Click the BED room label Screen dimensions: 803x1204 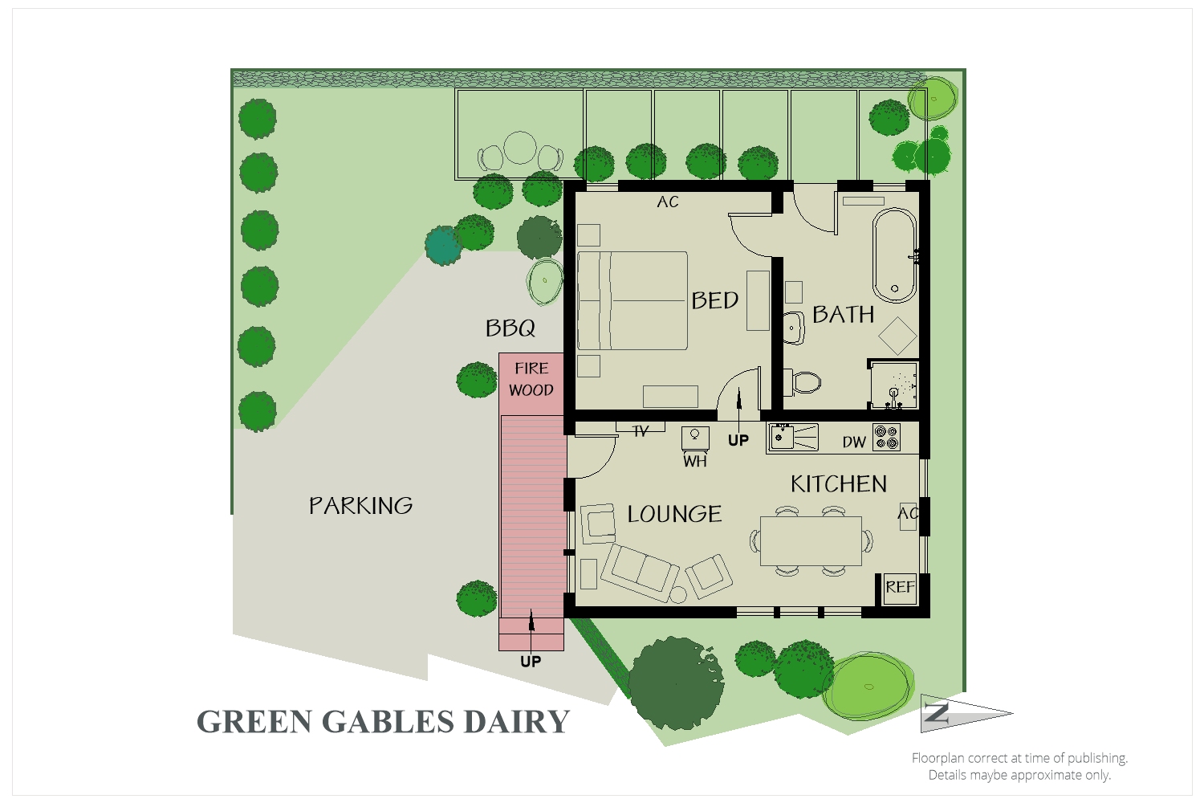pos(714,300)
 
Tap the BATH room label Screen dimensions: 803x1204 pos(843,314)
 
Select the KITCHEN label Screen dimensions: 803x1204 pos(839,483)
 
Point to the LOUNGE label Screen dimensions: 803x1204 pos(674,514)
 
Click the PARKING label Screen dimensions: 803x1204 pos(361,505)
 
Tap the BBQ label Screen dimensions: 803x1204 pos(510,328)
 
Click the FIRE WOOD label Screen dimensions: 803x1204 pos(531,379)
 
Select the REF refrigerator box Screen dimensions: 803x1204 pos(900,587)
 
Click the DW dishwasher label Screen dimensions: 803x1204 pos(854,442)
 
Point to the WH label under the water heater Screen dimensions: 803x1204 pos(695,462)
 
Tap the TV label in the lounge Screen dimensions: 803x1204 pos(641,432)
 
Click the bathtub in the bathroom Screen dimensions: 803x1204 pos(895,254)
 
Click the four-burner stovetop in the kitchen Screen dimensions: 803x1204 pos(886,437)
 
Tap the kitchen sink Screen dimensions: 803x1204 pos(782,438)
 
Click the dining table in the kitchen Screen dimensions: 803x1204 pos(811,541)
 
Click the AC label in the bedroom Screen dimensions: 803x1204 pos(668,202)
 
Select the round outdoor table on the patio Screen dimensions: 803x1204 pos(520,147)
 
